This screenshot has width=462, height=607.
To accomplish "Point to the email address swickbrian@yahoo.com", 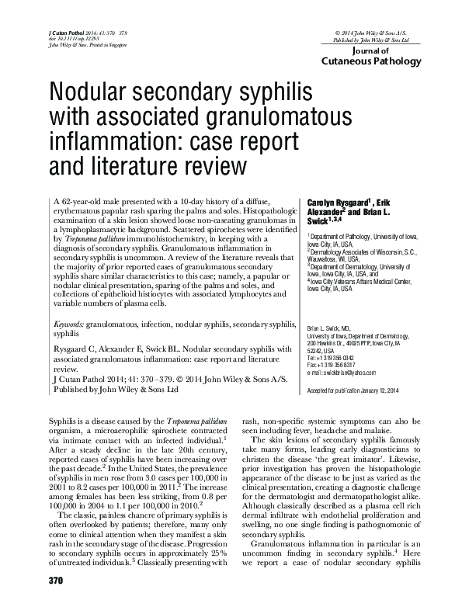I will pos(361,373).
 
